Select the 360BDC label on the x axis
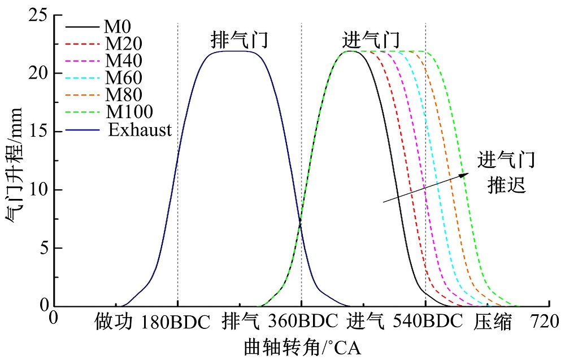pyautogui.click(x=301, y=322)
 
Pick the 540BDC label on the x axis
pyautogui.click(x=425, y=322)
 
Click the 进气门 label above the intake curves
pyautogui.click(x=371, y=40)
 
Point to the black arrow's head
pyautogui.click(x=466, y=175)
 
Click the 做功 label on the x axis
pyautogui.click(x=114, y=322)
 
